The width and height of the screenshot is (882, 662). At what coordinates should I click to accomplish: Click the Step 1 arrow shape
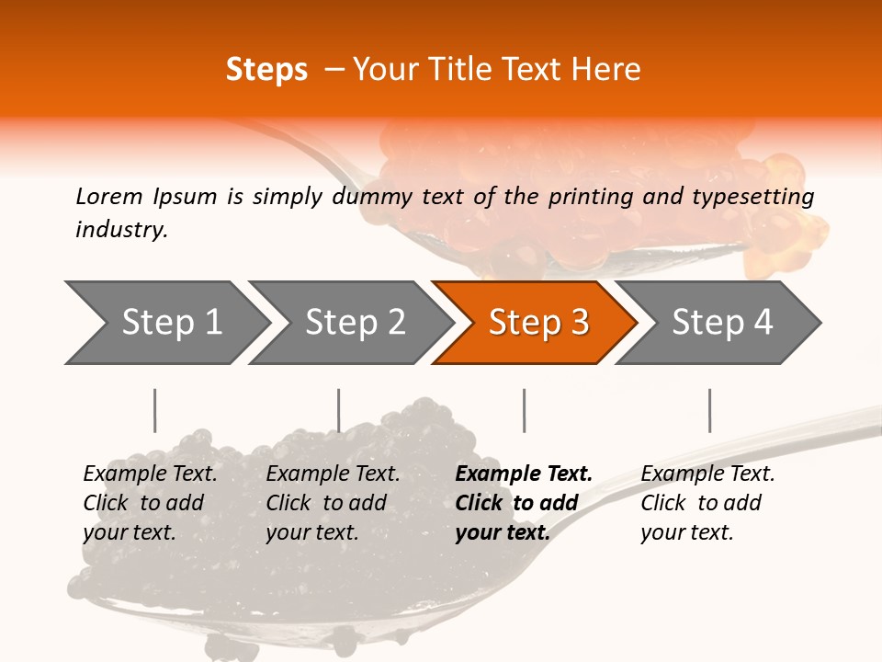tap(171, 323)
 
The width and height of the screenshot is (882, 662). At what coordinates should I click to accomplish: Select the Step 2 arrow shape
tap(355, 323)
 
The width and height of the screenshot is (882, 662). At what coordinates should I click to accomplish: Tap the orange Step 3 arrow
tap(538, 323)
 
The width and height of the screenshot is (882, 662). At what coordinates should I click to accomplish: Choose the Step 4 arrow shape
tap(722, 323)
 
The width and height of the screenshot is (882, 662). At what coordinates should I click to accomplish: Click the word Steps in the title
tap(266, 70)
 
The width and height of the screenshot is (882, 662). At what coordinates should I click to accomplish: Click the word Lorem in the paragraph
tap(108, 196)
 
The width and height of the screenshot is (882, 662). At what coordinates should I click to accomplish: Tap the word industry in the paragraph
tap(120, 230)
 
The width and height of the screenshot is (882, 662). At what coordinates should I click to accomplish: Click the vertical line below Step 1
tap(154, 410)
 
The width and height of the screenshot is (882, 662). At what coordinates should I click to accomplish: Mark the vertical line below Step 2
tap(339, 410)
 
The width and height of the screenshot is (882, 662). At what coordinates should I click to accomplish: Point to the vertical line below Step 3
tap(524, 410)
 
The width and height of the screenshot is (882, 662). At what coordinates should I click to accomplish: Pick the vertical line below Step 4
tap(709, 410)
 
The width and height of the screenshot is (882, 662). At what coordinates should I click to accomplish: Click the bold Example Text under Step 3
tap(524, 474)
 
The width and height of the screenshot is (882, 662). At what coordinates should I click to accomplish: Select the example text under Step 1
tap(150, 503)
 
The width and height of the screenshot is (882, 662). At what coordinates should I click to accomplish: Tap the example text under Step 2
tap(333, 503)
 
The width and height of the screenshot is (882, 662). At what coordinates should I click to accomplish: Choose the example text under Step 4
tap(707, 503)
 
